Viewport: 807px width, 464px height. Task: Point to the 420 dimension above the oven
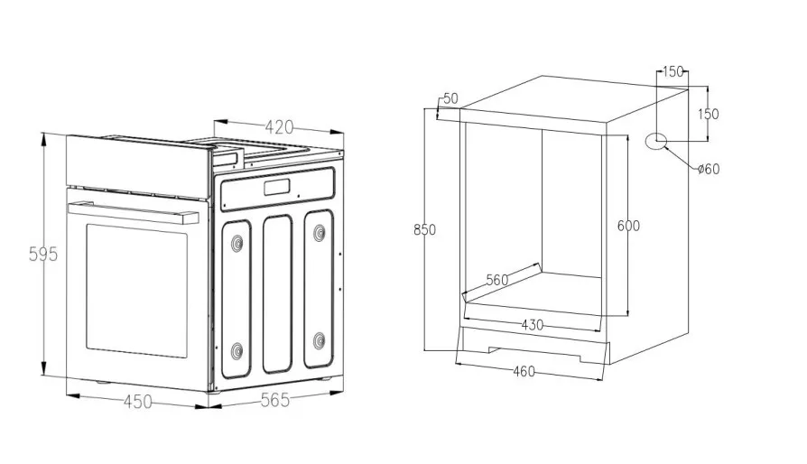[280, 127]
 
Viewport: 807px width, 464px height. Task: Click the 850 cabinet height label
[424, 229]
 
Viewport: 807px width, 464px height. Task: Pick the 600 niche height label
[628, 226]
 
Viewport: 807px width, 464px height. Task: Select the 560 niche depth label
[498, 280]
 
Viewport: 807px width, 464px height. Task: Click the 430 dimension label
[532, 325]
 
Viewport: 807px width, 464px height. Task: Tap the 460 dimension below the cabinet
[524, 370]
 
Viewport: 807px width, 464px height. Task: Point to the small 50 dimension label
[450, 97]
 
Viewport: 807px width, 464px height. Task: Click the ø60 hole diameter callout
[708, 169]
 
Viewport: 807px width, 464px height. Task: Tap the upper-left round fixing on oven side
[237, 242]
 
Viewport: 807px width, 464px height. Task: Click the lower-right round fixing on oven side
[319, 340]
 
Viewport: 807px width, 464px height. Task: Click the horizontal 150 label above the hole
[673, 72]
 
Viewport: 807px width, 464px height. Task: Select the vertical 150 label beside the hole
[709, 114]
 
